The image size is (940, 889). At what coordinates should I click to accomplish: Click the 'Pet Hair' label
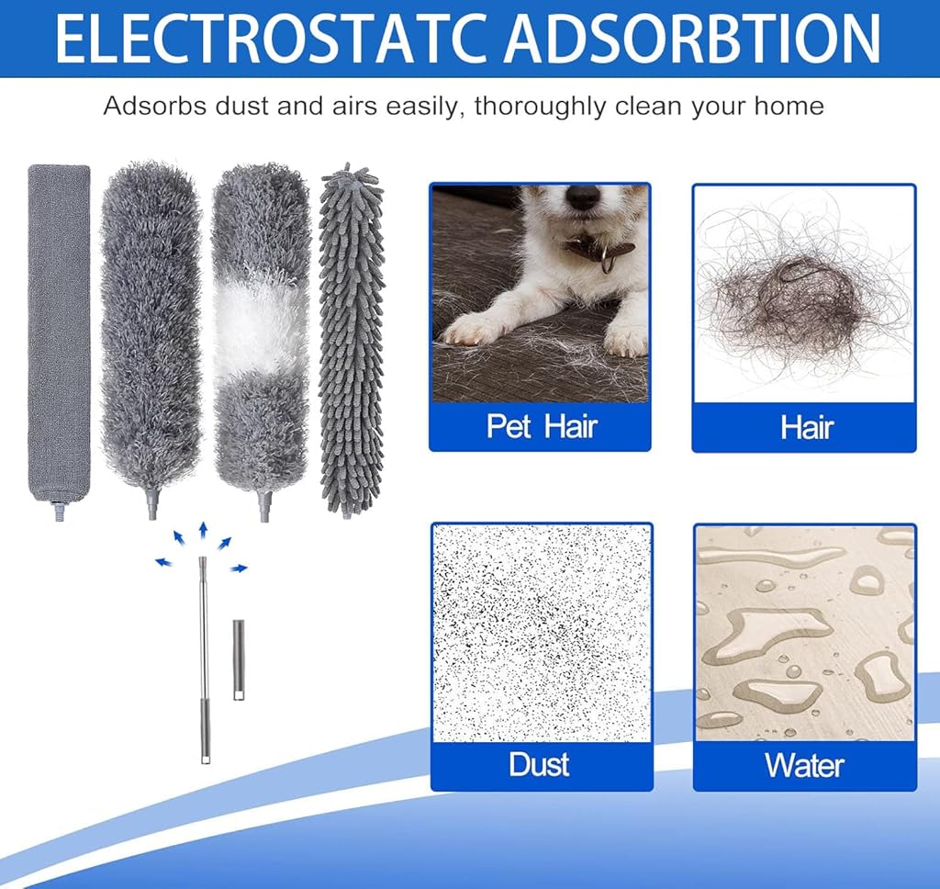(x=542, y=426)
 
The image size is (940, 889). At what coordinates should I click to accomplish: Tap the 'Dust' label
(x=539, y=764)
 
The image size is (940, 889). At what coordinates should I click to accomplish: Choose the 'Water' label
(x=804, y=765)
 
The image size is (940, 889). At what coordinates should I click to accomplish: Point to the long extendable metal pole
(x=205, y=659)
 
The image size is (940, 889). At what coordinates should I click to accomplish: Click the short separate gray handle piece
(x=239, y=659)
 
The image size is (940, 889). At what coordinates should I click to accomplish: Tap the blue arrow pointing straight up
(x=203, y=531)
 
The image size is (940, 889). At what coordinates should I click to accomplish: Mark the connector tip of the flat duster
(x=60, y=511)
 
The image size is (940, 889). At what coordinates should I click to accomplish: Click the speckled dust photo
(x=542, y=633)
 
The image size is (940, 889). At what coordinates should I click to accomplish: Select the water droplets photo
(x=804, y=633)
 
